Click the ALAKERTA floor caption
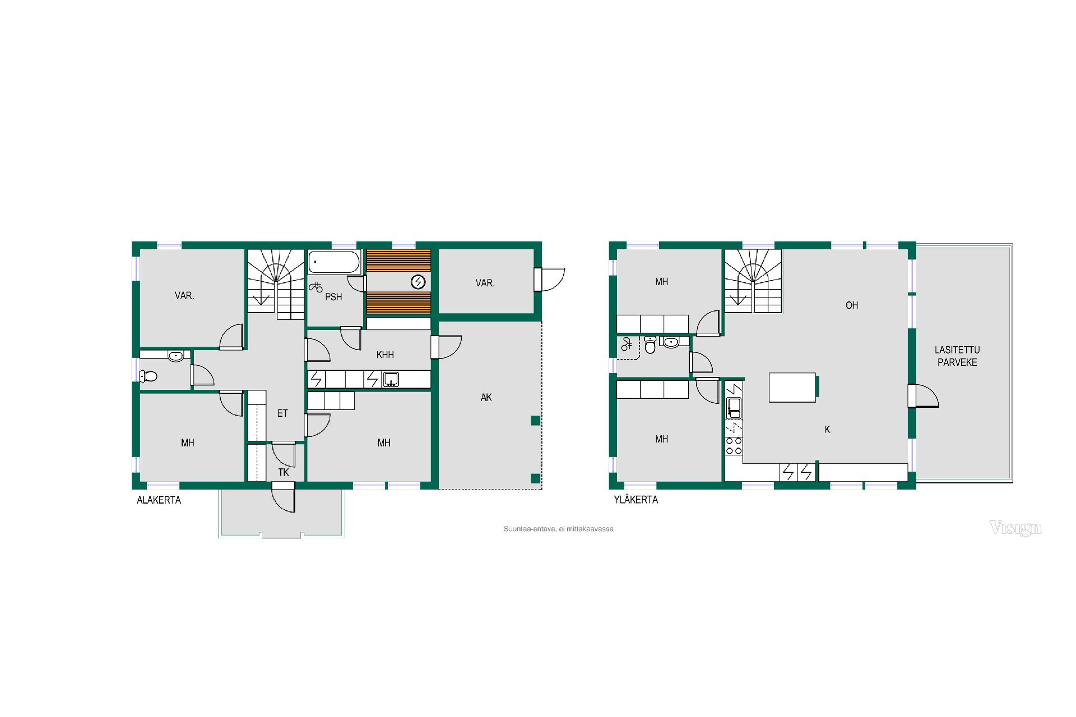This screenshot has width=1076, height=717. pos(159,500)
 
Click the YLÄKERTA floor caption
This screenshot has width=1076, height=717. pos(636,500)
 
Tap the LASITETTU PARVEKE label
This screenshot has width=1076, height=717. pos(957,356)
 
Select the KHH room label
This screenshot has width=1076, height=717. pos(385,355)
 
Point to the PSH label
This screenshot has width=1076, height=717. pos(333,297)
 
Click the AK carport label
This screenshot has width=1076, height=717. pos(486,397)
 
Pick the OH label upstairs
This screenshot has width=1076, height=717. pos(852,305)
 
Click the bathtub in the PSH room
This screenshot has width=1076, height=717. pos(334,262)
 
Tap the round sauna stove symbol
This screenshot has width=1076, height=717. pos(418,282)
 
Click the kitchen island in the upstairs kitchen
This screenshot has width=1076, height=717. pos(792,388)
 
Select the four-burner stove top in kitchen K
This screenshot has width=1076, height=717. pos(734,446)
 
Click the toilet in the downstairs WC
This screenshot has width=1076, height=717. pos(149,376)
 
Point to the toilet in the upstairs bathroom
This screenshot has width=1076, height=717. pos(650,346)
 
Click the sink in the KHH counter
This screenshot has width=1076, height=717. pos(391,380)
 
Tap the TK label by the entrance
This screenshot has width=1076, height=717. pos(284,472)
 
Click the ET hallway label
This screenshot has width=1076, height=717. pos(282,413)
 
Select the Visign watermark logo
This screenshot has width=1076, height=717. pos(1015,528)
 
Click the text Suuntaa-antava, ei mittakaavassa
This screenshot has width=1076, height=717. pos(558,529)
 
